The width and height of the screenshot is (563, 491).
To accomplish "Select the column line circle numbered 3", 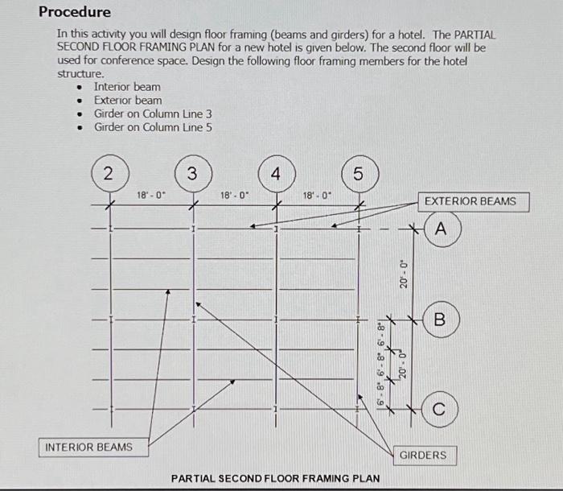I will (191, 174).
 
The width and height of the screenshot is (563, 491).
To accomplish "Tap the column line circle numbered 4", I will (275, 174).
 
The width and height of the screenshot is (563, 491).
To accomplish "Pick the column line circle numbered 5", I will (358, 174).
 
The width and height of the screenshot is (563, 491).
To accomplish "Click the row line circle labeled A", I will (439, 229).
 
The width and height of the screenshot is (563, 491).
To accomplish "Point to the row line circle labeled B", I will (439, 320).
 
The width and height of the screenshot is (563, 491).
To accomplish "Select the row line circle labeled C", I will (439, 409).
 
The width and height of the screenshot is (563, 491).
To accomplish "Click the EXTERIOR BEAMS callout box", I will (471, 200).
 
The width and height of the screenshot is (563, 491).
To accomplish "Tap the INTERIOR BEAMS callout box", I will (88, 446).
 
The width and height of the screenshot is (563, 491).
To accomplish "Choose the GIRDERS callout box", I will (422, 455).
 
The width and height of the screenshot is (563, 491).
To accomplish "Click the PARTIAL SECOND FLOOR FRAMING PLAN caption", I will (275, 478).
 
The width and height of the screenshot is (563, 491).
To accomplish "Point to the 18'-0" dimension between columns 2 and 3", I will (150, 195).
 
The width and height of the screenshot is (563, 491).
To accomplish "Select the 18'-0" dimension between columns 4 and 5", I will (317, 195).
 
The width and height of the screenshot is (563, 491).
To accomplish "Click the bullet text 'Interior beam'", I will (127, 87).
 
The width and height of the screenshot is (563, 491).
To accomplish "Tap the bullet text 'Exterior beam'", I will (128, 101).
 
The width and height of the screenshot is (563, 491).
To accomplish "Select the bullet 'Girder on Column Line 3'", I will (153, 114).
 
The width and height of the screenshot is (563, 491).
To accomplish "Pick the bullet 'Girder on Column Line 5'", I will (153, 127).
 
